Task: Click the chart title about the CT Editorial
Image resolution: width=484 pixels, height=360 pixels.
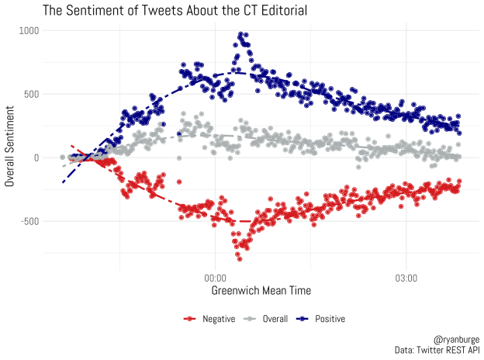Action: coord(175,11)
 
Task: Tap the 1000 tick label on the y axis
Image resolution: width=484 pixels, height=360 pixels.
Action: coord(29,30)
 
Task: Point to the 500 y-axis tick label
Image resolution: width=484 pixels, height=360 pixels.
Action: coord(32,94)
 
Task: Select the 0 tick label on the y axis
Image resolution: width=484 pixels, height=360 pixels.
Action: coord(36,157)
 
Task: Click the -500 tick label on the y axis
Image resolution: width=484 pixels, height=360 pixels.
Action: coord(29,221)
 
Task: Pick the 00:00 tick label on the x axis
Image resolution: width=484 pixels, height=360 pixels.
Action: coord(215,278)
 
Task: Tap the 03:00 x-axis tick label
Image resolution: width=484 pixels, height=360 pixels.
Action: coord(406,278)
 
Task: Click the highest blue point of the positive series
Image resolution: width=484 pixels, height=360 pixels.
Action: coord(241,34)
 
